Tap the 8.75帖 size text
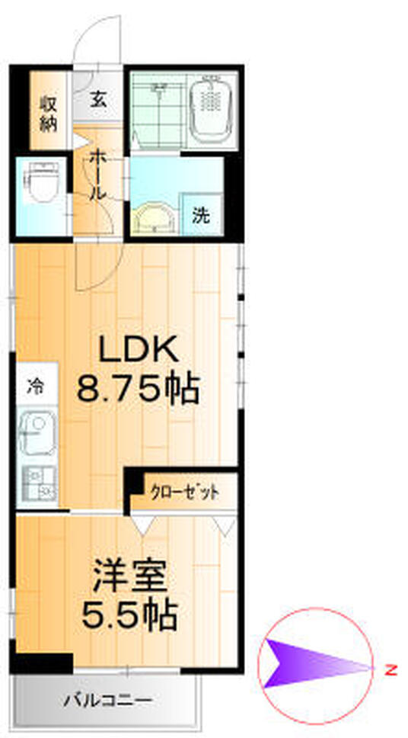click(x=138, y=390)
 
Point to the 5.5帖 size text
click(x=129, y=614)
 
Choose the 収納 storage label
click(x=48, y=113)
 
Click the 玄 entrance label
click(x=98, y=100)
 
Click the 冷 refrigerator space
click(x=37, y=386)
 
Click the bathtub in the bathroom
click(x=210, y=111)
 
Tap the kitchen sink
click(x=37, y=434)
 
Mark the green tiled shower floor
click(x=158, y=111)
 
